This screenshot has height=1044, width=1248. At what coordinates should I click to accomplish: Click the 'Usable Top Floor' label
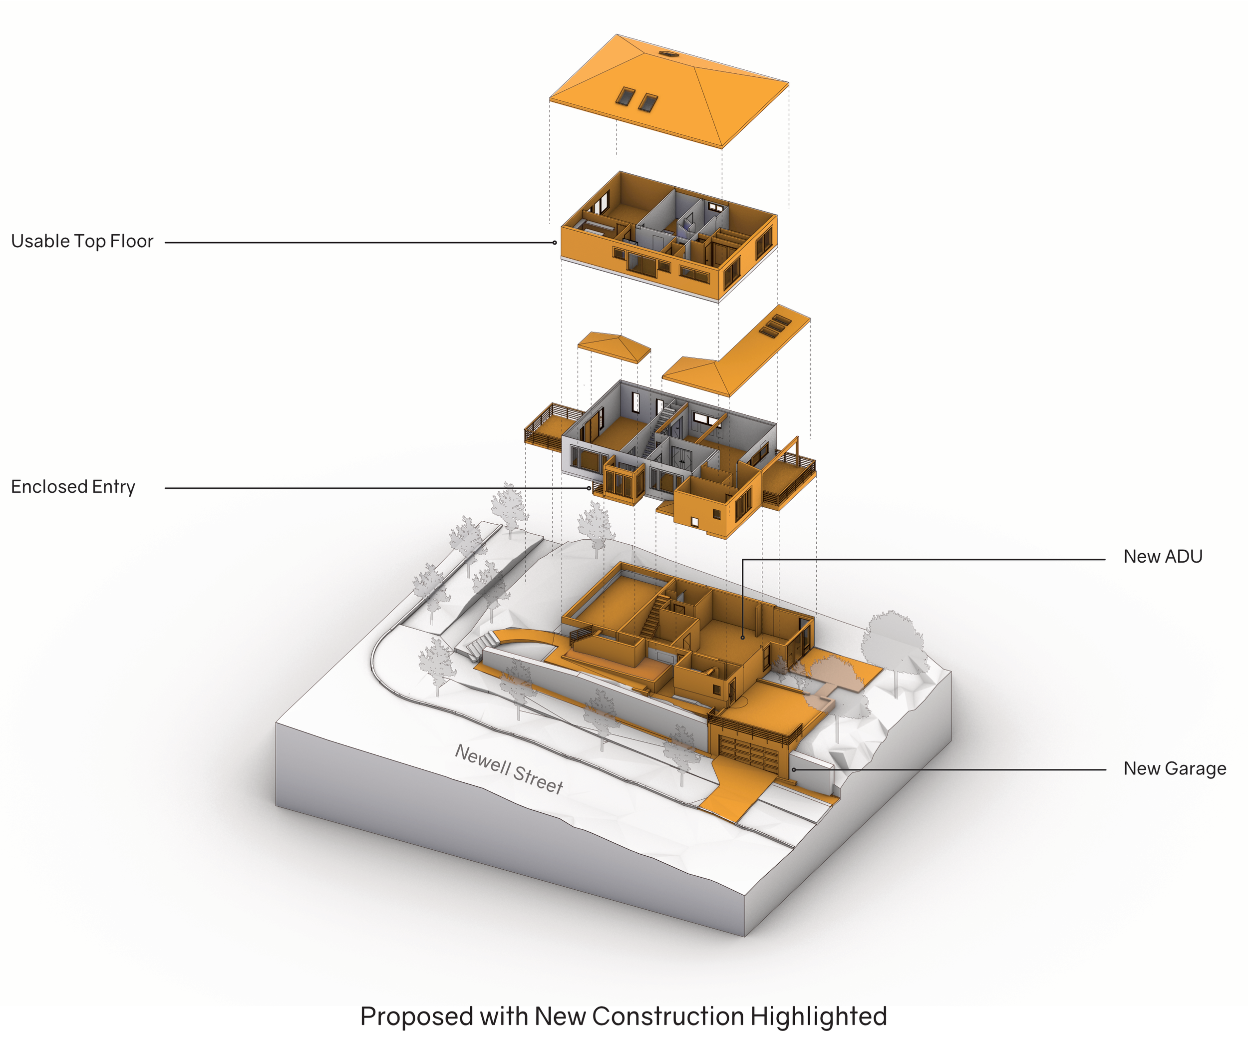tap(82, 241)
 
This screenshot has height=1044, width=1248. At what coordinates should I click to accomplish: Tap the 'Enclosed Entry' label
tap(73, 487)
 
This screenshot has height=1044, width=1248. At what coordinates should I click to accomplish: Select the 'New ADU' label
tap(1163, 557)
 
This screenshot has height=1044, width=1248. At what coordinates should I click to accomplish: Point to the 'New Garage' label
tap(1174, 769)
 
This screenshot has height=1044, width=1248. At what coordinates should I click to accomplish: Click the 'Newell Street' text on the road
tap(509, 769)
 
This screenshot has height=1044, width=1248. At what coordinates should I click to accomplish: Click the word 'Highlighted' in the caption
tap(818, 1016)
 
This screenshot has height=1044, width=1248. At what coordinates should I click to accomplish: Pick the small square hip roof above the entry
tap(614, 347)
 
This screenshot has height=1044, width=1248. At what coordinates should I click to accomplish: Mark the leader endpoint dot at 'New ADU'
tap(742, 638)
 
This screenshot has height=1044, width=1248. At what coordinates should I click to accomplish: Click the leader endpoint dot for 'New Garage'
tap(793, 770)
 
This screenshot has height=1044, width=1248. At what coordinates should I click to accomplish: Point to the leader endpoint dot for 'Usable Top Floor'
tap(555, 243)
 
